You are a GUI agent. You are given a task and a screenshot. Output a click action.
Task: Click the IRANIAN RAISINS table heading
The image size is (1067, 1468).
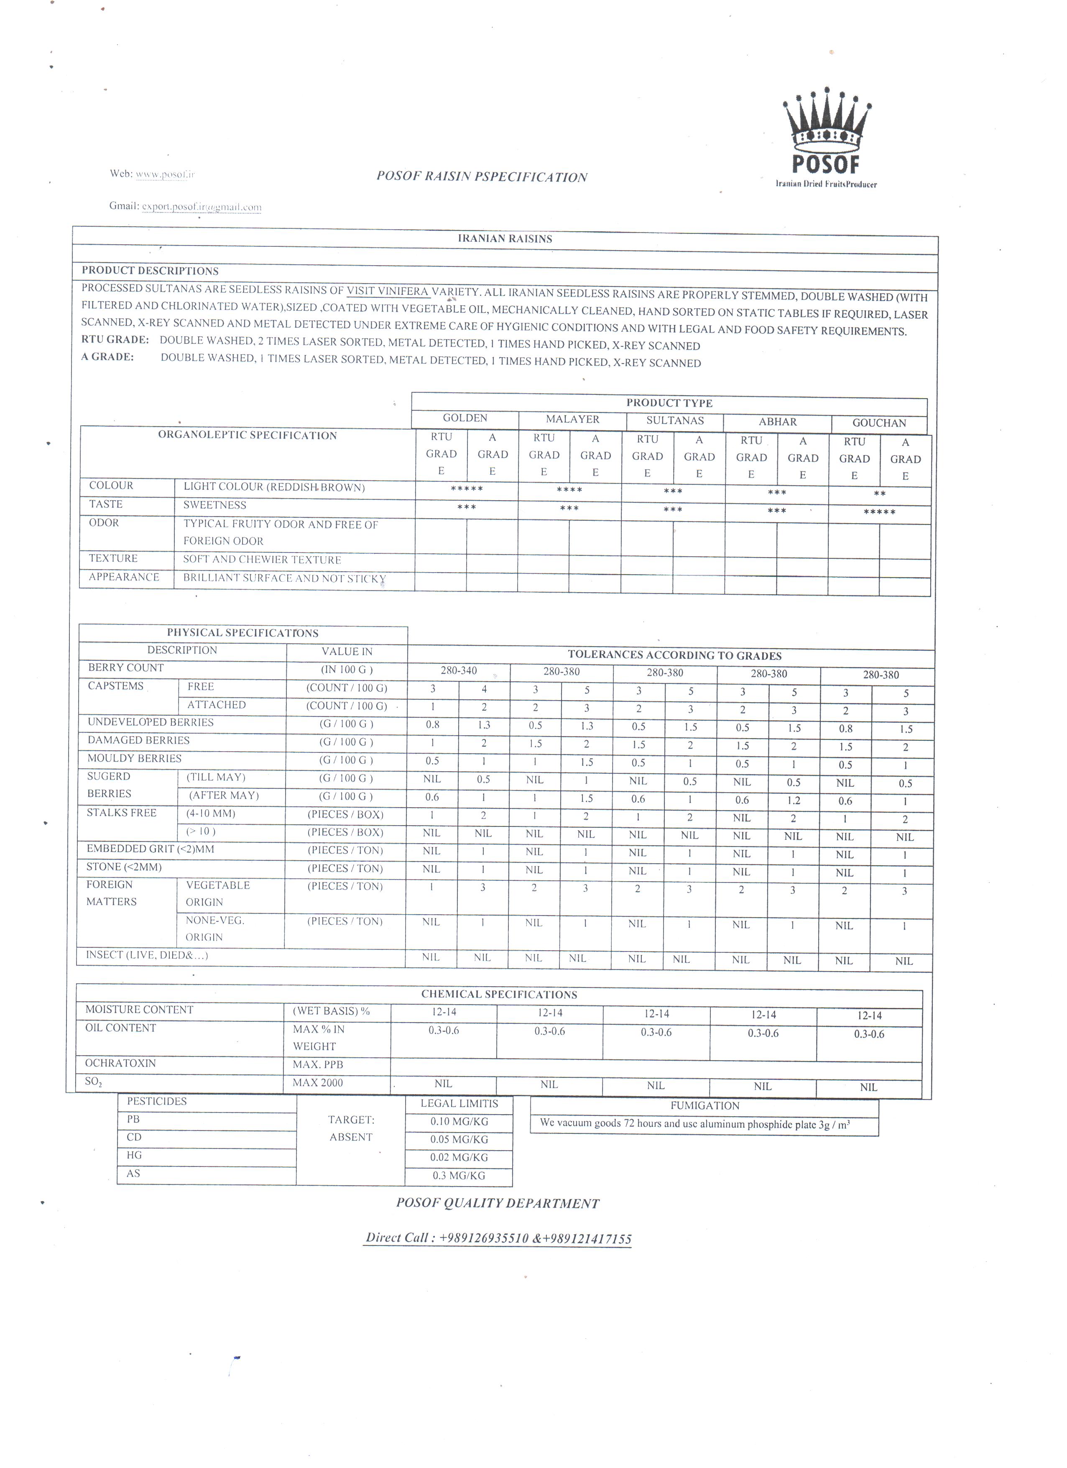pyautogui.click(x=505, y=239)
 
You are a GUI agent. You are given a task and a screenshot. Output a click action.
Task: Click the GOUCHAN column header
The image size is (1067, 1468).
pyautogui.click(x=879, y=423)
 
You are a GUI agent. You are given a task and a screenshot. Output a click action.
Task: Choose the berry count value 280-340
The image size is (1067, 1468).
pyautogui.click(x=458, y=670)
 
